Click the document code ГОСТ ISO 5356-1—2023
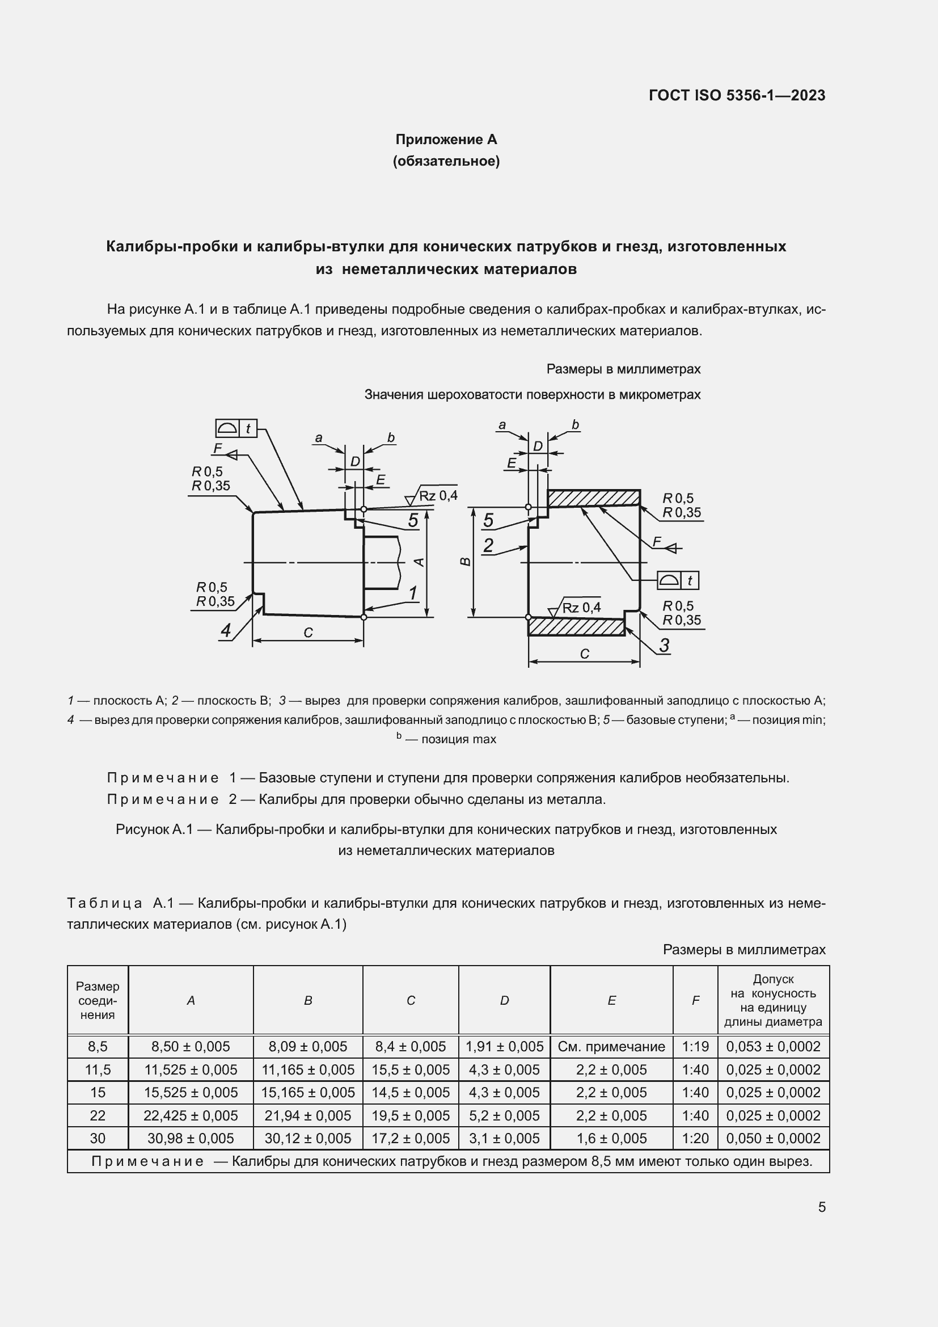pyautogui.click(x=737, y=95)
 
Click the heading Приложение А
pyautogui.click(x=446, y=140)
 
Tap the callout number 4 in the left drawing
pyautogui.click(x=226, y=630)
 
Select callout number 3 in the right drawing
pyautogui.click(x=664, y=645)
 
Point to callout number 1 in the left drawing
pyautogui.click(x=413, y=593)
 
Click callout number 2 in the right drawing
pyautogui.click(x=488, y=545)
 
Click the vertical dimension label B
pyautogui.click(x=466, y=562)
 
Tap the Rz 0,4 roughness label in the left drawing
pyautogui.click(x=437, y=495)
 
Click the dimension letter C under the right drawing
pyautogui.click(x=585, y=654)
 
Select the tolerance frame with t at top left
pyautogui.click(x=236, y=428)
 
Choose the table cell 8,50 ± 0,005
pyautogui.click(x=191, y=1046)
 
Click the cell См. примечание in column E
pyautogui.click(x=611, y=1046)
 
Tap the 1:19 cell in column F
pyautogui.click(x=695, y=1046)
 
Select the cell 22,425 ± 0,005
pyautogui.click(x=191, y=1115)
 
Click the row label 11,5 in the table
pyautogui.click(x=98, y=1070)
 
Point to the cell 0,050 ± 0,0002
pyautogui.click(x=773, y=1138)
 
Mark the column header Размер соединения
pyautogui.click(x=98, y=1000)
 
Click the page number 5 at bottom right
pyautogui.click(x=821, y=1207)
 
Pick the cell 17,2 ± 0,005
pyautogui.click(x=410, y=1138)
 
